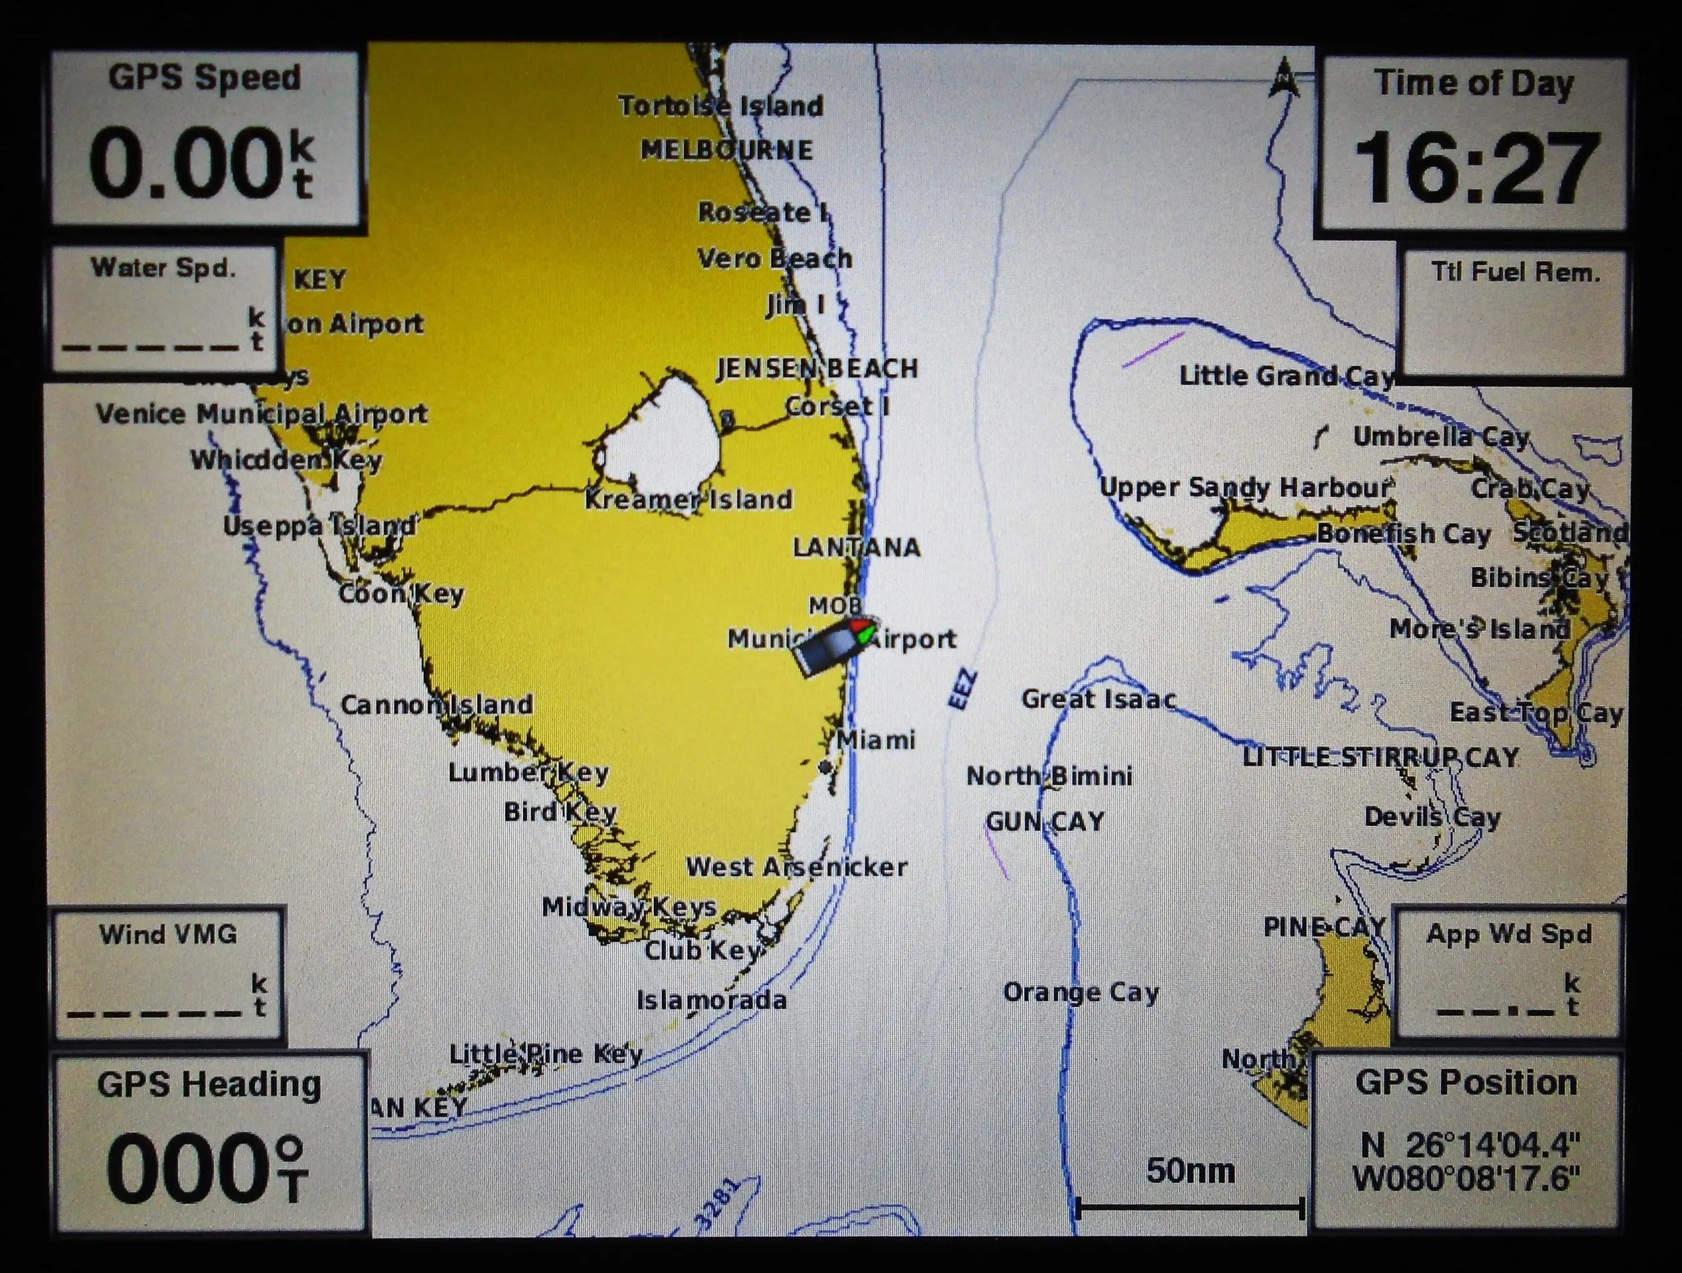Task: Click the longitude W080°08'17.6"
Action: (1466, 1179)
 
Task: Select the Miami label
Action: (876, 740)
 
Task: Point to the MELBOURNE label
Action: (727, 150)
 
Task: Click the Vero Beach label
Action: (775, 258)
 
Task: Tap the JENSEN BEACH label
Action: (817, 369)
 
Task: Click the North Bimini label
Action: (1049, 776)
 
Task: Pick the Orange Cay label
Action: (1081, 992)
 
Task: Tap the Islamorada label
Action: (712, 1000)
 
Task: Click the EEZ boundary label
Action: (963, 689)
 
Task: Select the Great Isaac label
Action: (1099, 699)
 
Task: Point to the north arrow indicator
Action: (1284, 78)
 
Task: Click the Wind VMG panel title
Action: (168, 935)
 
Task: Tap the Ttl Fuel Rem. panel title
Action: (1516, 272)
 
